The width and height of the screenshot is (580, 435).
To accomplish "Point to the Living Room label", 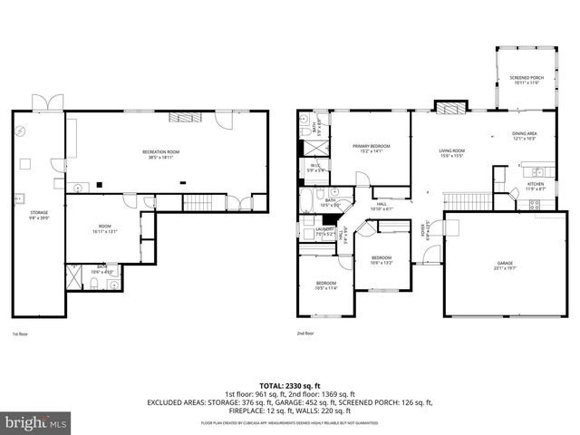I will click(x=451, y=153).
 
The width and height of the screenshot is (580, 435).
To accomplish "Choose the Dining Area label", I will click(x=525, y=136).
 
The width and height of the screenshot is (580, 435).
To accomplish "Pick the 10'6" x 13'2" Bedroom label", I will click(x=382, y=261).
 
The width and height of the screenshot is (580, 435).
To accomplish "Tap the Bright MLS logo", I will click(x=36, y=422).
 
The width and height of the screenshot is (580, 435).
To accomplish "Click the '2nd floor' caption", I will click(x=305, y=333).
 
